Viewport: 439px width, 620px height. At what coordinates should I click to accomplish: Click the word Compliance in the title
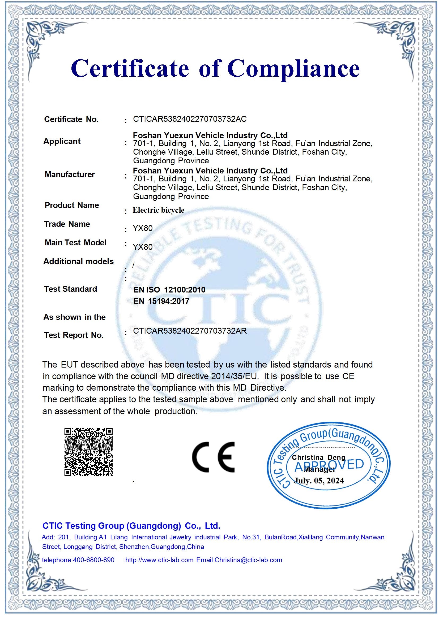coord(294,69)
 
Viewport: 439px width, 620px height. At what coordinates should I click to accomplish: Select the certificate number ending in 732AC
coord(190,119)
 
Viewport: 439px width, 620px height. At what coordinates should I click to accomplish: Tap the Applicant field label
coord(62,141)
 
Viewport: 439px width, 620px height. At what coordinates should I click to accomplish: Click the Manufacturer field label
coord(70,174)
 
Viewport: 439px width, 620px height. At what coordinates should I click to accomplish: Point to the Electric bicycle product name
coord(159,210)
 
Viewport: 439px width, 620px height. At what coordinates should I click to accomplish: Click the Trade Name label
coord(67,224)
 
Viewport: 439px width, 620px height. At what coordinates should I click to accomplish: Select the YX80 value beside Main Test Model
coord(143,247)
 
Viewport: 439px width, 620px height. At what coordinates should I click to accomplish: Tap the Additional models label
coord(78,261)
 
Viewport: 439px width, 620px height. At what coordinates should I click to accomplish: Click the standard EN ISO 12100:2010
coord(169,290)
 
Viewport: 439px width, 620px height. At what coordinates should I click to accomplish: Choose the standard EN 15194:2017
coord(161,301)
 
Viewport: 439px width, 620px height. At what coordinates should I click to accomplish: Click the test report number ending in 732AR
coord(190,331)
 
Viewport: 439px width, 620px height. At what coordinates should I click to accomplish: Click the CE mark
coord(213,457)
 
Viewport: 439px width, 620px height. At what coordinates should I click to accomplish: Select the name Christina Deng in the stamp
coord(318,457)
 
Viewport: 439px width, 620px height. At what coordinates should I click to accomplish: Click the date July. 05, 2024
coord(319,481)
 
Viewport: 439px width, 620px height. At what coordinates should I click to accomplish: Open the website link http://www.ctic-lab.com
coord(159,560)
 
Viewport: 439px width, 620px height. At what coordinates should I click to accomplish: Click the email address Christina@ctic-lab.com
coord(248,560)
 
